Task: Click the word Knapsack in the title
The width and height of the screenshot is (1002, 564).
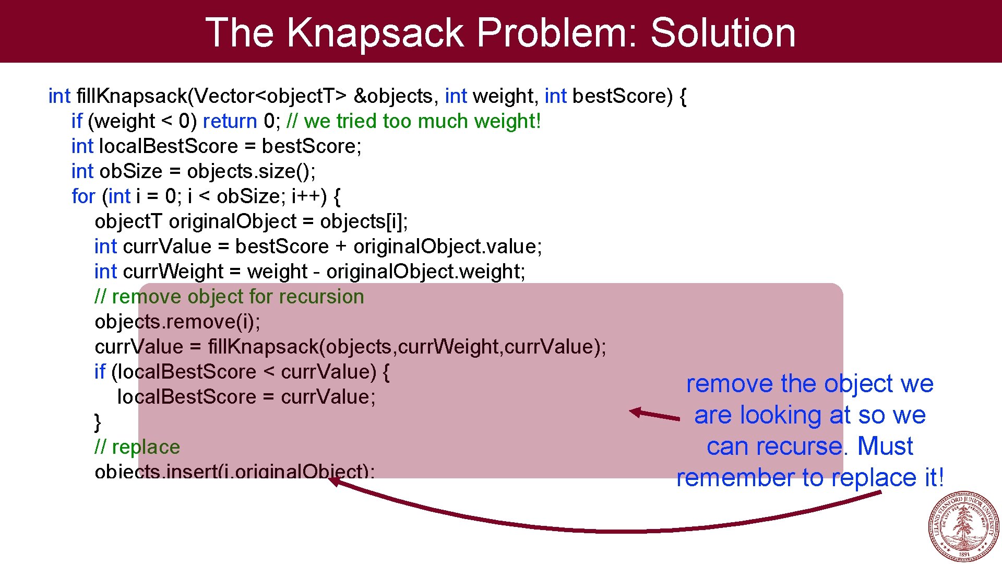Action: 375,32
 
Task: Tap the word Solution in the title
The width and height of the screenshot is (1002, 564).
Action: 723,32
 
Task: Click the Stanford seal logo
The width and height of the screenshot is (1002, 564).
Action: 964,526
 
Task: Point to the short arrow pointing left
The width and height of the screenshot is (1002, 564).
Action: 654,415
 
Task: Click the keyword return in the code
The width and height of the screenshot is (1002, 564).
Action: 230,121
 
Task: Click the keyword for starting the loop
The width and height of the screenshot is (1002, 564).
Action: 83,196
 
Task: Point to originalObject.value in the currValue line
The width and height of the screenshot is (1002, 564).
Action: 447,246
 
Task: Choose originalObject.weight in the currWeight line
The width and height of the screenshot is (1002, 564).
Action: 425,272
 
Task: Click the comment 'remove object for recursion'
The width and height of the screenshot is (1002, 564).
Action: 229,297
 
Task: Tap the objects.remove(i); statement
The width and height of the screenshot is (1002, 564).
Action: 177,322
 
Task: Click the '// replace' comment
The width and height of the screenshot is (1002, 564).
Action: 137,447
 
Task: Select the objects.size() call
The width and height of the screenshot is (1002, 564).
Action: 251,171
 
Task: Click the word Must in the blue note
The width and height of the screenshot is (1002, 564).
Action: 885,446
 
